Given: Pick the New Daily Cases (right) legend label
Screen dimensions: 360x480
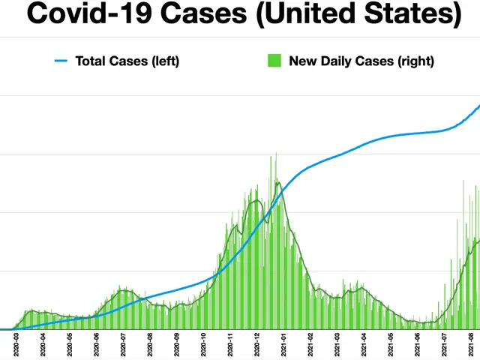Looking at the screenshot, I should tap(361, 61).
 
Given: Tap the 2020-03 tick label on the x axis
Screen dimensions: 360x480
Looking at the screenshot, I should tap(16, 346).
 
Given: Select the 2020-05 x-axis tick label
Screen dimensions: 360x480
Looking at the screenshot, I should tap(70, 346).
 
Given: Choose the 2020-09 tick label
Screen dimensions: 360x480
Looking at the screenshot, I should tap(177, 346).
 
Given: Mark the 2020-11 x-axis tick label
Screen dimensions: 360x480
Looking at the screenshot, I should tap(231, 346).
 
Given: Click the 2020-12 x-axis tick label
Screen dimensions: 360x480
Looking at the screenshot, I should tap(257, 346).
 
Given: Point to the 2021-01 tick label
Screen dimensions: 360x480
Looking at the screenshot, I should tap(284, 346).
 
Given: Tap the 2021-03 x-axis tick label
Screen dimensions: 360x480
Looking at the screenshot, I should tap(337, 346).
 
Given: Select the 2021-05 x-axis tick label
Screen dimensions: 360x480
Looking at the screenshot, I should tap(391, 346).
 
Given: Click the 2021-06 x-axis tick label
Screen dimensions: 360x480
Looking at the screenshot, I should tap(418, 346).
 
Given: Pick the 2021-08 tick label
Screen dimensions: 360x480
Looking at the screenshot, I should tap(471, 346).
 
